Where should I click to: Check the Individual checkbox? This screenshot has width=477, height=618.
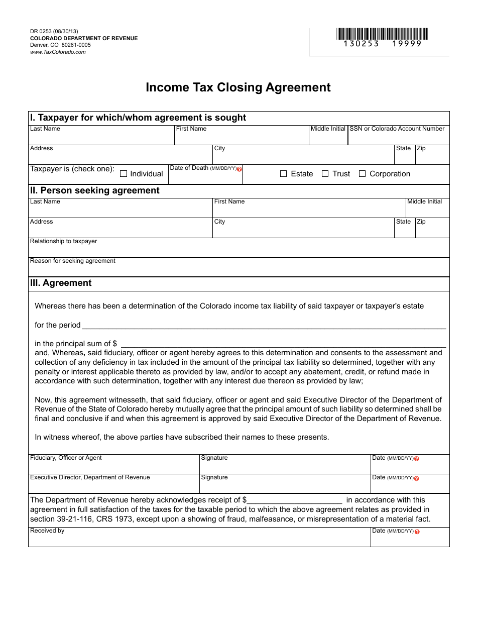coord(124,174)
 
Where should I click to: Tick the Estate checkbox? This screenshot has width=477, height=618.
coord(283,174)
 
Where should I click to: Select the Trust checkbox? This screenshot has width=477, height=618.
coord(325,174)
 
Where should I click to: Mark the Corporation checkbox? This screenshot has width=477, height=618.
coord(362,174)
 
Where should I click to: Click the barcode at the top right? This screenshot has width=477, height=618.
coord(382,34)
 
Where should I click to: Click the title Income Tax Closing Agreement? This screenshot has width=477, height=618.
coord(238,87)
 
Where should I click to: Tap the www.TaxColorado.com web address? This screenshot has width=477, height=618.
coord(58,52)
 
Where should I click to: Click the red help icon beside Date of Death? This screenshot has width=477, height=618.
coord(240,169)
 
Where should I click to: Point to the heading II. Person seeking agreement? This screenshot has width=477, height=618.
coord(95,190)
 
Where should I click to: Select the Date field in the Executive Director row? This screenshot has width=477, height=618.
coord(410,486)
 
